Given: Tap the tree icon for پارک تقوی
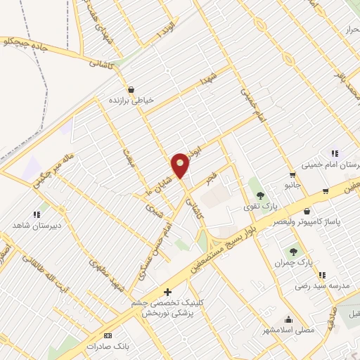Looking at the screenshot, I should (x=260, y=195).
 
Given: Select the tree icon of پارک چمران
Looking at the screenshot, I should (x=292, y=251).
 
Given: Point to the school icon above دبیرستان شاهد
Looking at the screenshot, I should (x=36, y=214).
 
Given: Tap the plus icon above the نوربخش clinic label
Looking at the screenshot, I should (x=167, y=292).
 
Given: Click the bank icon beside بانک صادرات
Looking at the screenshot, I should (x=108, y=336).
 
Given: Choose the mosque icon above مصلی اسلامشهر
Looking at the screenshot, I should (x=288, y=319).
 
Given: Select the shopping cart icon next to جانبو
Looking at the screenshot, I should (x=292, y=174).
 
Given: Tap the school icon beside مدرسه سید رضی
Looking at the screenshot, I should (x=321, y=275).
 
